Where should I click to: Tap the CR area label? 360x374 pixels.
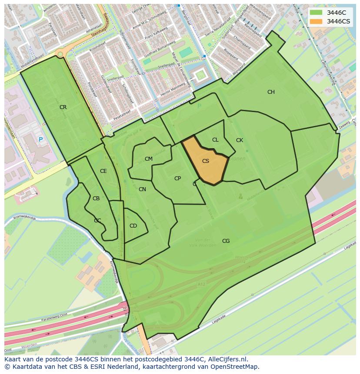(63, 107)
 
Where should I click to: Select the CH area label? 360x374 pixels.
(271, 92)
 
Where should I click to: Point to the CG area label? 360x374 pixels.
(226, 241)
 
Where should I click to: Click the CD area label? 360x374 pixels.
(133, 226)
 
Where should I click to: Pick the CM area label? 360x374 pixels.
(149, 159)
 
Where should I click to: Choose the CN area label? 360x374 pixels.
(142, 189)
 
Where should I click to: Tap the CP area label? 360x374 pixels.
(177, 179)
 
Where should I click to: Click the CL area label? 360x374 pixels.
(215, 140)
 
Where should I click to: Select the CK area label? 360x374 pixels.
(240, 140)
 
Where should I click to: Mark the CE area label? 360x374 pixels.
(103, 171)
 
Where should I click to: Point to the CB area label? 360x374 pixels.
(96, 199)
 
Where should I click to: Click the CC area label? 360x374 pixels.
(97, 221)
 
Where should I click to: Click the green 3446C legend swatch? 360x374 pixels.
(316, 13)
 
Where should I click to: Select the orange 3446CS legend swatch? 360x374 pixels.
(316, 21)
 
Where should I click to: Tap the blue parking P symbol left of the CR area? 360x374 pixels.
(40, 139)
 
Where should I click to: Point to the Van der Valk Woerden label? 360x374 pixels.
(203, 242)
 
